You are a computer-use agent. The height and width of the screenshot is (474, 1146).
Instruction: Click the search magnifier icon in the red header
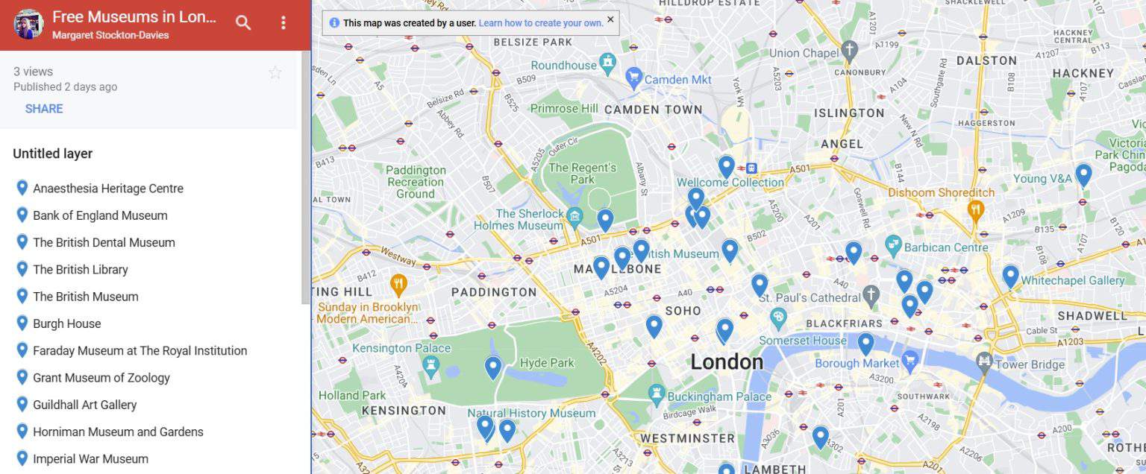[243, 23]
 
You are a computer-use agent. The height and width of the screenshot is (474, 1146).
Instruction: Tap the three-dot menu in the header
[283, 23]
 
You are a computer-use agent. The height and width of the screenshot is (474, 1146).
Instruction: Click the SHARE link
[44, 109]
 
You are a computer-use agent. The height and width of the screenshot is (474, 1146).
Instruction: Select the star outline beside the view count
[275, 72]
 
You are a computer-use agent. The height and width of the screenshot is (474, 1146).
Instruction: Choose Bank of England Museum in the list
[100, 215]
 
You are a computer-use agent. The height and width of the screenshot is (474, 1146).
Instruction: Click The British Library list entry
[81, 270]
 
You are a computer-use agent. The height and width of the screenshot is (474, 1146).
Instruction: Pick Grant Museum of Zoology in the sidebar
[101, 378]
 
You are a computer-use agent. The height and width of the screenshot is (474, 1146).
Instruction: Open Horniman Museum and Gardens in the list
[118, 432]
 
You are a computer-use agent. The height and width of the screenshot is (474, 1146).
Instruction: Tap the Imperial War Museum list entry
[90, 459]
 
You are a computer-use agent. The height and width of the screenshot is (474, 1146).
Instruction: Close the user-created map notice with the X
[610, 19]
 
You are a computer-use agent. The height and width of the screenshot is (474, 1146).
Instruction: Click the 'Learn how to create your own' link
[540, 23]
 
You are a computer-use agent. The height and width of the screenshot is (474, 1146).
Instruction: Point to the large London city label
[726, 362]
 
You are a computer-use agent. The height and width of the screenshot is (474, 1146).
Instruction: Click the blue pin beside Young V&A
[1083, 174]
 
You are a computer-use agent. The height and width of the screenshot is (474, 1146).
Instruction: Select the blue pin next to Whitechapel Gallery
[1010, 275]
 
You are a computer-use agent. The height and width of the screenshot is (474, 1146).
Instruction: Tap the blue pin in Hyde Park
[492, 367]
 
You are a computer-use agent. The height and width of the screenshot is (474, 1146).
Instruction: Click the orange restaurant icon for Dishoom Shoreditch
[975, 210]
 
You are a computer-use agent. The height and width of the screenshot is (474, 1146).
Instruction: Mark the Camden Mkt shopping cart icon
[634, 76]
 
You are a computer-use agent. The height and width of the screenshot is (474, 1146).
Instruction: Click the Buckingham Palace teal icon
[657, 392]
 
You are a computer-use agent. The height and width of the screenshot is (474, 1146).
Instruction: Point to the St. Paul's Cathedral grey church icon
[871, 296]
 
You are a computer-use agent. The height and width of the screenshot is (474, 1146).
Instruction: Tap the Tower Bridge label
[1030, 364]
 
